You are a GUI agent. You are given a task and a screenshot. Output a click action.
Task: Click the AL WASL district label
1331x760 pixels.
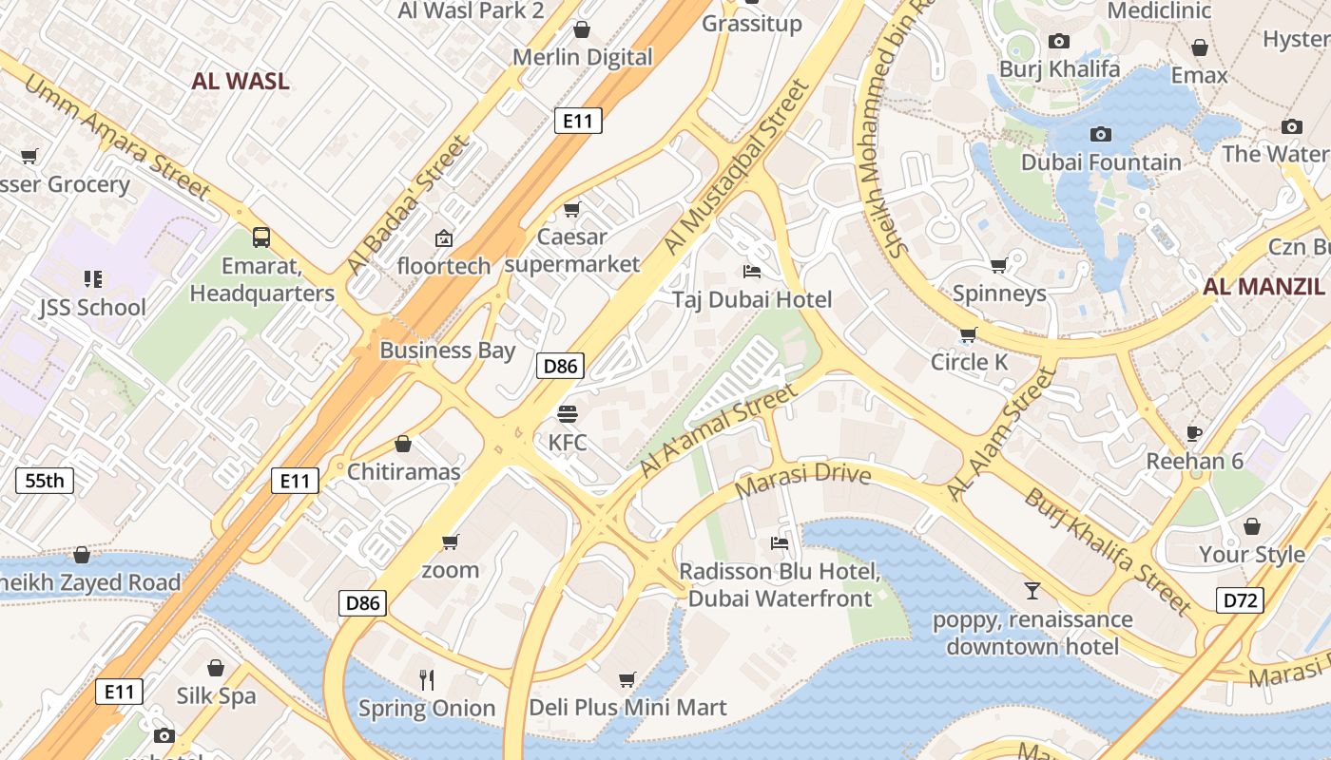click(241, 81)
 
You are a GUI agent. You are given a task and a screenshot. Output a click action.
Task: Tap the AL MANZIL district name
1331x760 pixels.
click(1263, 286)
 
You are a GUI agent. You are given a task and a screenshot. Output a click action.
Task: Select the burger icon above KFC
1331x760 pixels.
click(568, 414)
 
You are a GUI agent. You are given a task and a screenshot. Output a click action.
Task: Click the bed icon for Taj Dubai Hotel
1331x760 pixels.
click(752, 272)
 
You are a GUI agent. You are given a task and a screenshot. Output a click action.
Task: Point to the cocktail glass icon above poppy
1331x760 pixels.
click(1032, 591)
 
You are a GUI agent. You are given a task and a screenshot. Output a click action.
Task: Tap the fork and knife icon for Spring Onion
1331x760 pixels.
click(427, 679)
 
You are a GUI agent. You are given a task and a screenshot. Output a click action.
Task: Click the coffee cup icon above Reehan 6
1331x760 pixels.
click(1195, 433)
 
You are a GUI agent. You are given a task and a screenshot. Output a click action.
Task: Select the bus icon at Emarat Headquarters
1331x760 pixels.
click(261, 237)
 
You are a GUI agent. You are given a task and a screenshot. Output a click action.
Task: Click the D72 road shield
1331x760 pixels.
click(1240, 599)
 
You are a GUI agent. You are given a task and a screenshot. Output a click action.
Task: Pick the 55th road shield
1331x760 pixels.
click(45, 481)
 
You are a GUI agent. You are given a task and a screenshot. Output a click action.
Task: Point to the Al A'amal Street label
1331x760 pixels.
click(718, 431)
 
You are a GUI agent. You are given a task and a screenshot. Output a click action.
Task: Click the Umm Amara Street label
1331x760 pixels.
click(116, 137)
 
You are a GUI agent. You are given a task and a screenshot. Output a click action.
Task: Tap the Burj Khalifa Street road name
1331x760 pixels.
click(1108, 551)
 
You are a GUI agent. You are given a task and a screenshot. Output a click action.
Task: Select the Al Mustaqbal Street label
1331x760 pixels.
click(736, 167)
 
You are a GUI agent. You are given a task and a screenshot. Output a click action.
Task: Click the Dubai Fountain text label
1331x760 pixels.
click(1101, 162)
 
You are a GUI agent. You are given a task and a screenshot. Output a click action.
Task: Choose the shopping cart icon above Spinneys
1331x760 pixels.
click(998, 265)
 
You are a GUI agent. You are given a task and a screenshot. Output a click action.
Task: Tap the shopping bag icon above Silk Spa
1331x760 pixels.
click(216, 668)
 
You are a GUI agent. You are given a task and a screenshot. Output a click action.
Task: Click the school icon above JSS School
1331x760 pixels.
click(92, 278)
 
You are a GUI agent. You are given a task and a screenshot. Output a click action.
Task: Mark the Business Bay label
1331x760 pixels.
click(447, 350)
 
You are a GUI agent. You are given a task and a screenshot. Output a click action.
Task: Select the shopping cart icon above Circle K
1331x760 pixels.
click(968, 334)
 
